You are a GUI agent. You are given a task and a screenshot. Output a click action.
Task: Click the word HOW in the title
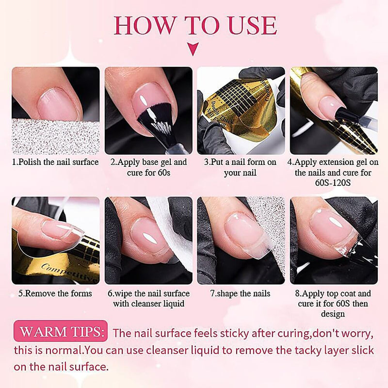pos(144,25)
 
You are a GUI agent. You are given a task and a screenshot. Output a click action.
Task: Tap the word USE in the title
pos(253,25)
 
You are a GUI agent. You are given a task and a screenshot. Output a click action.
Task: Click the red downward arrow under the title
pos(193,49)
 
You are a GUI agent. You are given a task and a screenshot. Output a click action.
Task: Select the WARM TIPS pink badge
pos(61,331)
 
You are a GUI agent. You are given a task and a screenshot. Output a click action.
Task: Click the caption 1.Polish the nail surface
pos(55,162)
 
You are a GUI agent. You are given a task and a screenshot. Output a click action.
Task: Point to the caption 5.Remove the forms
pos(55,293)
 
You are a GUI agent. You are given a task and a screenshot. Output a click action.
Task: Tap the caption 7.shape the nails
pos(240,293)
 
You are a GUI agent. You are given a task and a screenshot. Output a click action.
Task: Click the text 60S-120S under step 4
pos(333,183)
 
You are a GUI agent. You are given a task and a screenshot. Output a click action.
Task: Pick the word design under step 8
pos(333,314)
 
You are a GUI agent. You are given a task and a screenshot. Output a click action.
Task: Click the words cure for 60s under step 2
pos(149,173)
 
